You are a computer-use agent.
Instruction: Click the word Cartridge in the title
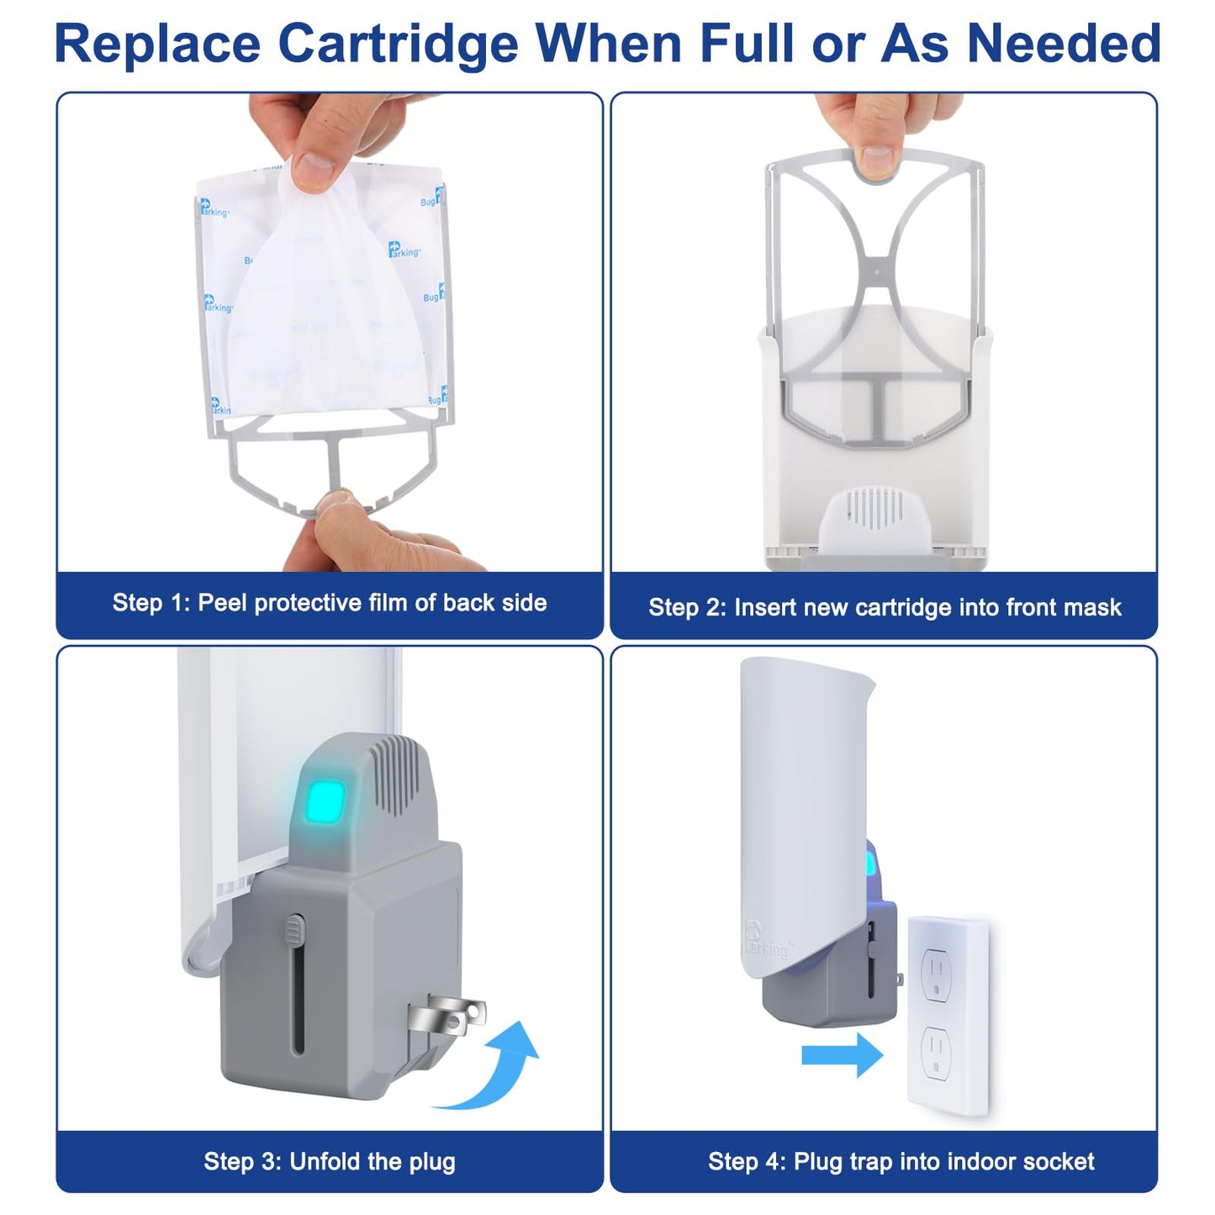398,44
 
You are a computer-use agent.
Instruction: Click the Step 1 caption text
330,603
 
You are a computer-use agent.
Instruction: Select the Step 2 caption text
885,607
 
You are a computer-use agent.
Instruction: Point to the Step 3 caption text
330,1161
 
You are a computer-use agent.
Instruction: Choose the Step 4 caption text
901,1161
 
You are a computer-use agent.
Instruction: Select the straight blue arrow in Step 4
842,1054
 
